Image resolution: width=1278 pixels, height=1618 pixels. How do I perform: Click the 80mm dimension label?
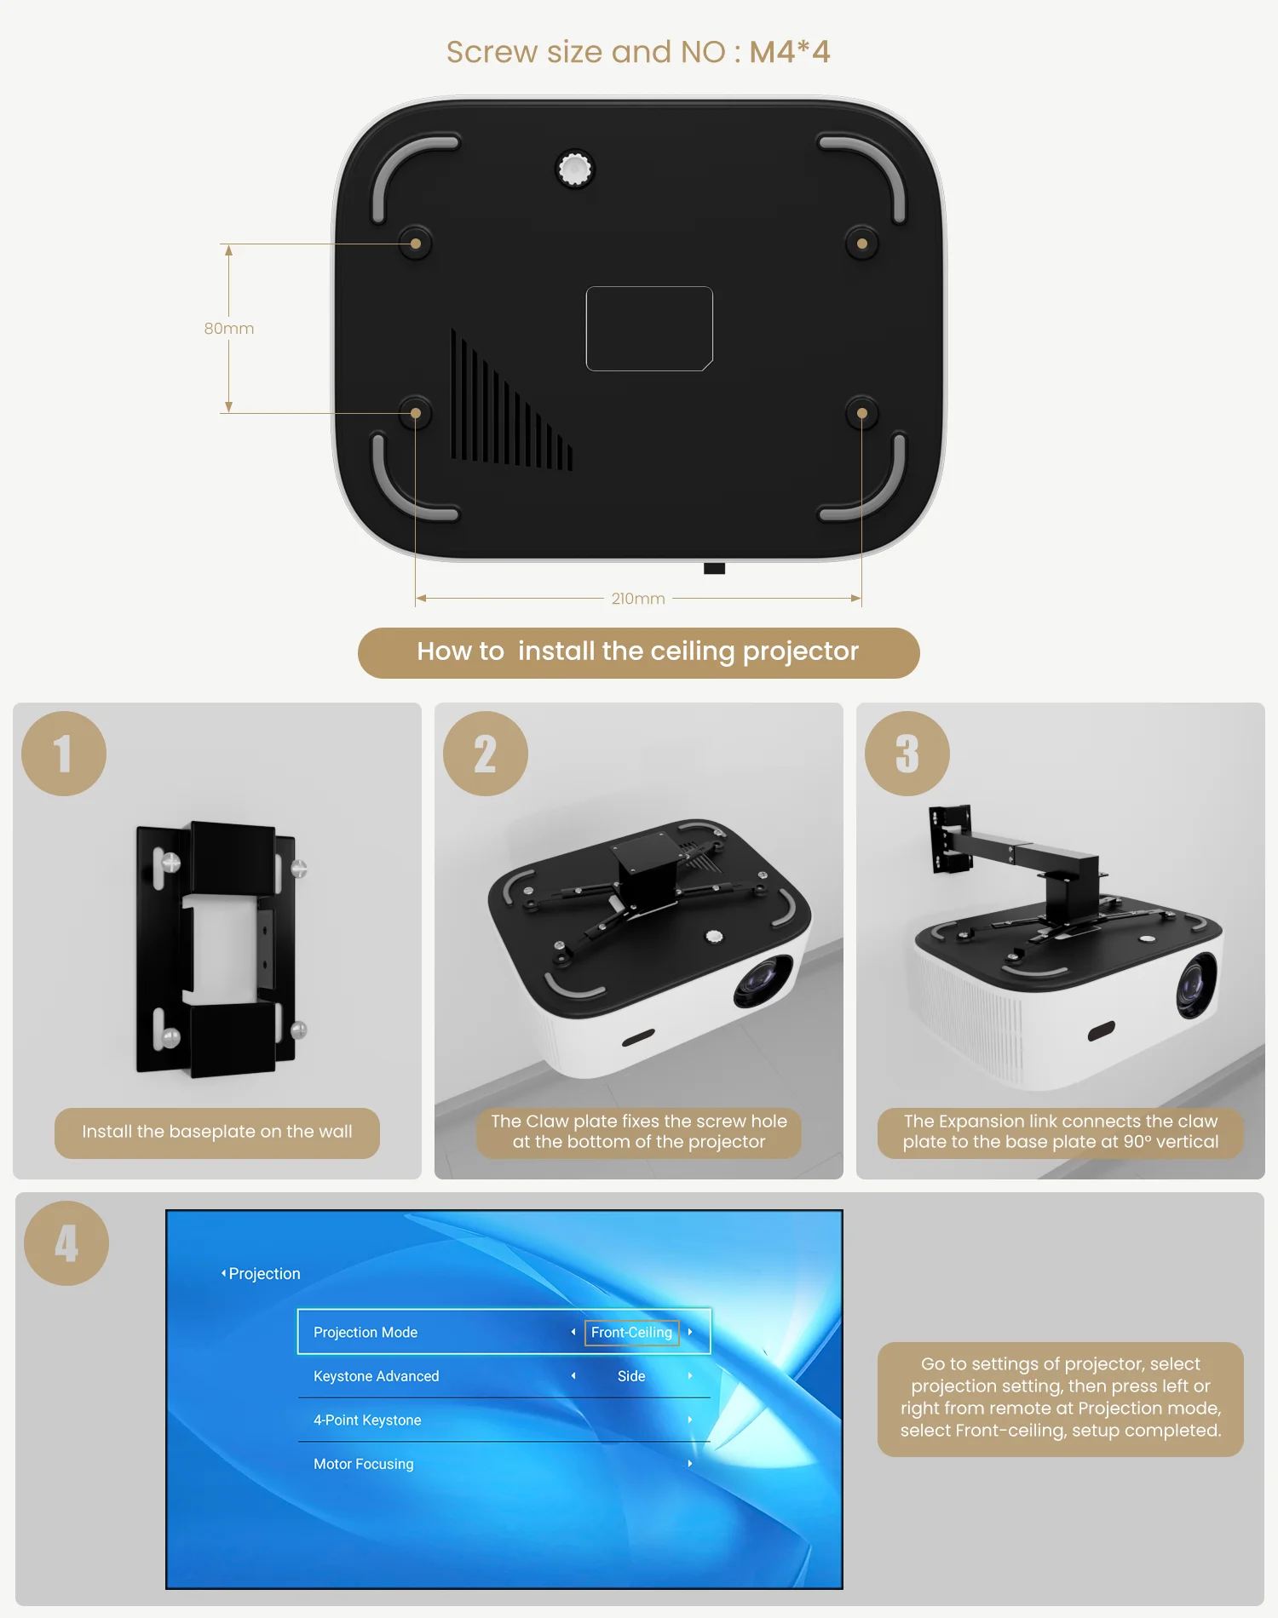click(229, 329)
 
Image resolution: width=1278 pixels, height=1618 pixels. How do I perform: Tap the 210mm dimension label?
click(638, 599)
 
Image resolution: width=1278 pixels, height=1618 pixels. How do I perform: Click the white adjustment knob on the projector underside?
click(575, 169)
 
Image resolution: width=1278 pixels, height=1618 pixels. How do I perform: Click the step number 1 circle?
click(64, 754)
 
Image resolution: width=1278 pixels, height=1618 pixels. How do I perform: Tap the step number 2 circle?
click(486, 754)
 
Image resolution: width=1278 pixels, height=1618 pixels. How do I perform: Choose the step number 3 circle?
click(907, 754)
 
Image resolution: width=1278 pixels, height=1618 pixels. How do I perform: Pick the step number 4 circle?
click(66, 1243)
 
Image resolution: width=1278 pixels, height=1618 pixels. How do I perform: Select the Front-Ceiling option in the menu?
click(631, 1332)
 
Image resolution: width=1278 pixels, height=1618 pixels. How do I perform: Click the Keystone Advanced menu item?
click(377, 1376)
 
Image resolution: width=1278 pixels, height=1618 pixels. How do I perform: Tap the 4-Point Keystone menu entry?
click(367, 1420)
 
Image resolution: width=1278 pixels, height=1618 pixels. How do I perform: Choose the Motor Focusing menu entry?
click(364, 1464)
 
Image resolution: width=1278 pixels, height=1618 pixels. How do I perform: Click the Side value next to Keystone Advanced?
click(631, 1376)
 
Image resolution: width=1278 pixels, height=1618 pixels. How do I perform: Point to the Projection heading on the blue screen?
click(264, 1274)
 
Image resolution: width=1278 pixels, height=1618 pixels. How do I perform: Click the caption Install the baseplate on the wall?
click(217, 1133)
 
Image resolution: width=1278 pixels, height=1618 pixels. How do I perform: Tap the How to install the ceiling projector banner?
click(638, 652)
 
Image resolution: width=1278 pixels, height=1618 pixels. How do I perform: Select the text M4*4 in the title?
click(789, 52)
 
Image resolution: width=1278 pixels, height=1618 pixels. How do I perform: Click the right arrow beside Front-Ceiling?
click(690, 1332)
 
